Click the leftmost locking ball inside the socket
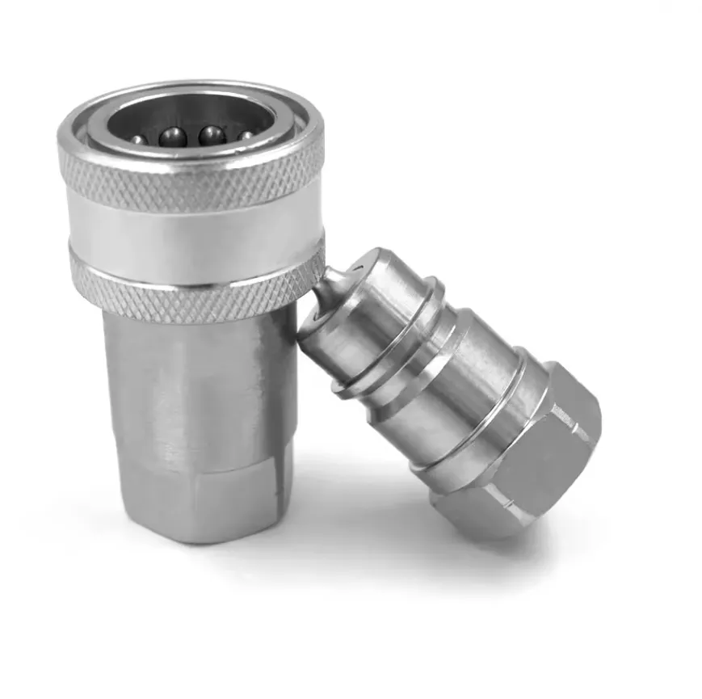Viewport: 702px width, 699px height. pyautogui.click(x=140, y=140)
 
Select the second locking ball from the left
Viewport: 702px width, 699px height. pyautogui.click(x=173, y=137)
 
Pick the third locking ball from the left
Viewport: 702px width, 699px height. pyautogui.click(x=212, y=135)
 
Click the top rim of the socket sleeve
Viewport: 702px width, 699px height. pyautogui.click(x=194, y=86)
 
